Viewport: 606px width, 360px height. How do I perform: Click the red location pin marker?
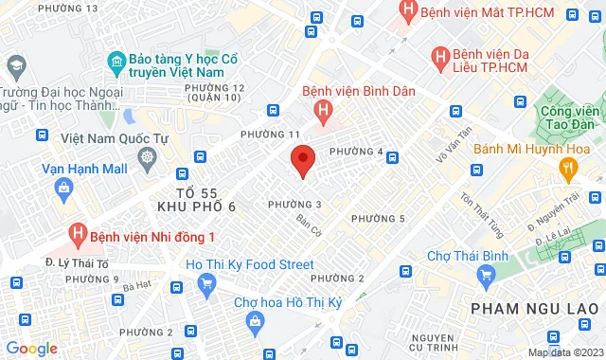coord(302,160)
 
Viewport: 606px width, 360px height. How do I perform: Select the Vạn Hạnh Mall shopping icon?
coord(62,188)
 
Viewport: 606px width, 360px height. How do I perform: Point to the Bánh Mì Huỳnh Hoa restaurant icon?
coord(568,168)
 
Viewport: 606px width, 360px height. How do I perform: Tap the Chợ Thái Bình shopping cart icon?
coord(487,275)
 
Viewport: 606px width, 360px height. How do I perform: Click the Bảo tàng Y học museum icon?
coord(116,63)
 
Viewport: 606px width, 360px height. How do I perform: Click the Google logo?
coord(31,348)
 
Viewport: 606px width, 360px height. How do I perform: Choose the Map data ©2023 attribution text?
coord(565,352)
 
